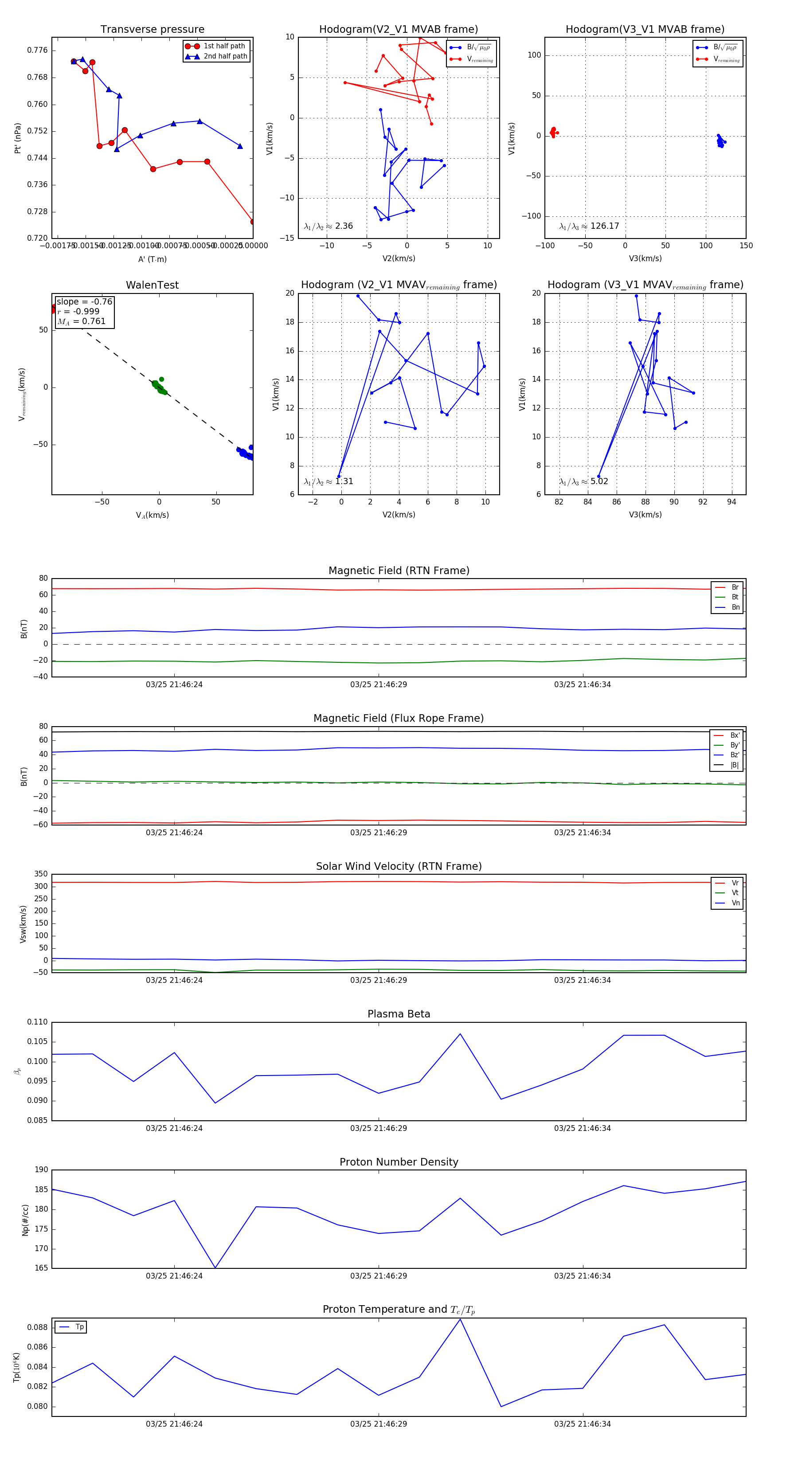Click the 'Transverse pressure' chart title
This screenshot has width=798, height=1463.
point(152,30)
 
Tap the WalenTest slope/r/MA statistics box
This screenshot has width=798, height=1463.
point(84,311)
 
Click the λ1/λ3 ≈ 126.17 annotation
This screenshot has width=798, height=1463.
point(589,226)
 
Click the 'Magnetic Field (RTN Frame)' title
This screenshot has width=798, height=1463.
point(399,571)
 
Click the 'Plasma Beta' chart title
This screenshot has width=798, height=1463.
point(399,1014)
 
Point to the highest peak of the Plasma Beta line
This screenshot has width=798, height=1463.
point(460,1034)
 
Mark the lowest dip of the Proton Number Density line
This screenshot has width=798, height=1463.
point(215,1267)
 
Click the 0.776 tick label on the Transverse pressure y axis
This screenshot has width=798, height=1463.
point(38,51)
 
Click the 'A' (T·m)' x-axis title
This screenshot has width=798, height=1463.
point(152,259)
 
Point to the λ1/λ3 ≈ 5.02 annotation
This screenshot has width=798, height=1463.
point(583,481)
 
